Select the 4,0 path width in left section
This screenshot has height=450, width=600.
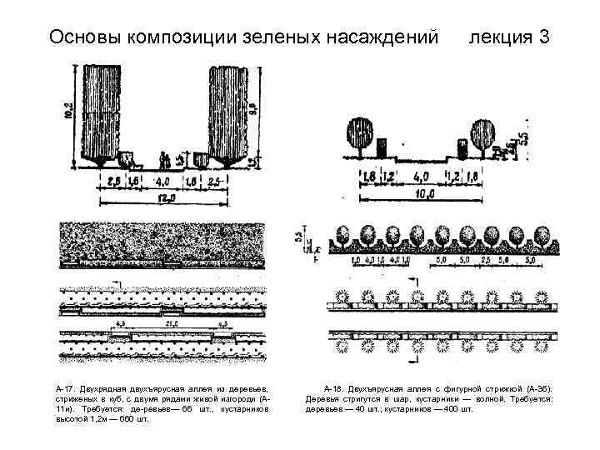163,179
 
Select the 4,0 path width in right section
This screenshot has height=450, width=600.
422,176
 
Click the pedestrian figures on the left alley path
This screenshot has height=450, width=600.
164,158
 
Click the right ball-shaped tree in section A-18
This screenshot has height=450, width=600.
483,134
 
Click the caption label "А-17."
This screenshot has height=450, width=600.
64,389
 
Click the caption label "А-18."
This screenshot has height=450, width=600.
334,389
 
